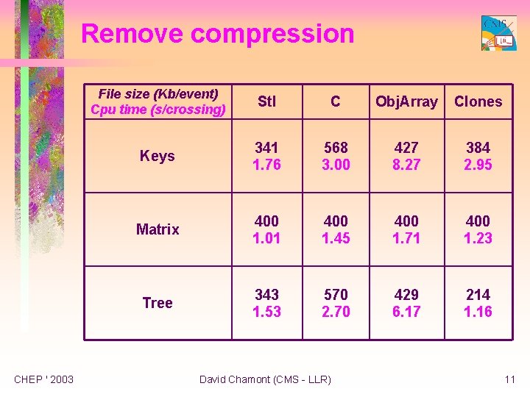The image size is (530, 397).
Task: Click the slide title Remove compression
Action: pos(217,34)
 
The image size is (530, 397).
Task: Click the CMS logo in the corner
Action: pos(498,33)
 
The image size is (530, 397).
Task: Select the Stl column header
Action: pos(266,101)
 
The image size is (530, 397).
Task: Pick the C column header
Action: pos(336,101)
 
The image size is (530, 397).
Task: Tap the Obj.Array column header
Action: pos(406,101)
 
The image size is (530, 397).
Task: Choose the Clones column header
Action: pos(478,101)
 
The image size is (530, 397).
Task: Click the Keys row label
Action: pos(158,156)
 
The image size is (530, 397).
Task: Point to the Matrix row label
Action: pos(158,229)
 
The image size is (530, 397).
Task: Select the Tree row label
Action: pos(158,303)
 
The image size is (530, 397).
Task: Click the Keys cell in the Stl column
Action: pos(266,156)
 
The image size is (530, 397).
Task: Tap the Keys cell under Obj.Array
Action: pos(406,156)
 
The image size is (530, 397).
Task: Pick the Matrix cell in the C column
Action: pos(336,229)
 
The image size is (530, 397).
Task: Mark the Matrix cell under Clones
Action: pos(478,229)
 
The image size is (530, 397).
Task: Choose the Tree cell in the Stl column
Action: pos(266,303)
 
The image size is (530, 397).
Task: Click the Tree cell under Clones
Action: pos(478,303)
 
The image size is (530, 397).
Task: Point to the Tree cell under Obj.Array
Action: pos(406,303)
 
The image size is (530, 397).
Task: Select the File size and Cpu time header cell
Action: pos(158,101)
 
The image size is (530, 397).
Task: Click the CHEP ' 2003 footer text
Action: pos(44,379)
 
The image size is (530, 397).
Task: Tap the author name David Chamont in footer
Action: pos(265,379)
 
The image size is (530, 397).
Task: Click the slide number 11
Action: pos(509,379)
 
